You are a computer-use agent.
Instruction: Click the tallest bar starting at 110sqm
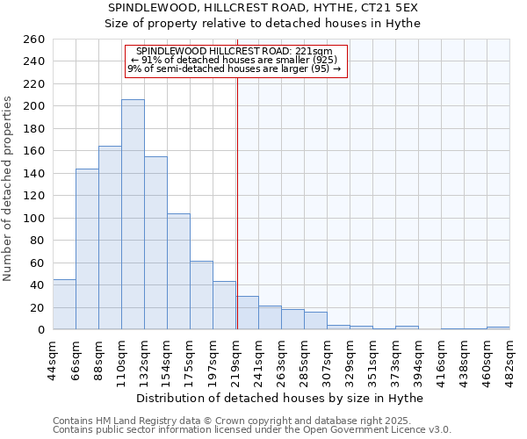pos(133,215)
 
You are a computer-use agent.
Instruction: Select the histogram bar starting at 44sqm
pos(64,305)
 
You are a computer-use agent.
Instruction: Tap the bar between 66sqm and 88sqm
pos(87,249)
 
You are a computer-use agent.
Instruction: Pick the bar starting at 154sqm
pos(178,271)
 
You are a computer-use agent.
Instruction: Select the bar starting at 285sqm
pos(315,321)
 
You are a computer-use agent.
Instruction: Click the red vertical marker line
pos(237,202)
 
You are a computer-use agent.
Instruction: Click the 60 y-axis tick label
pos(38,263)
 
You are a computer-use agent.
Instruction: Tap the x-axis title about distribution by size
pos(280,398)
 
